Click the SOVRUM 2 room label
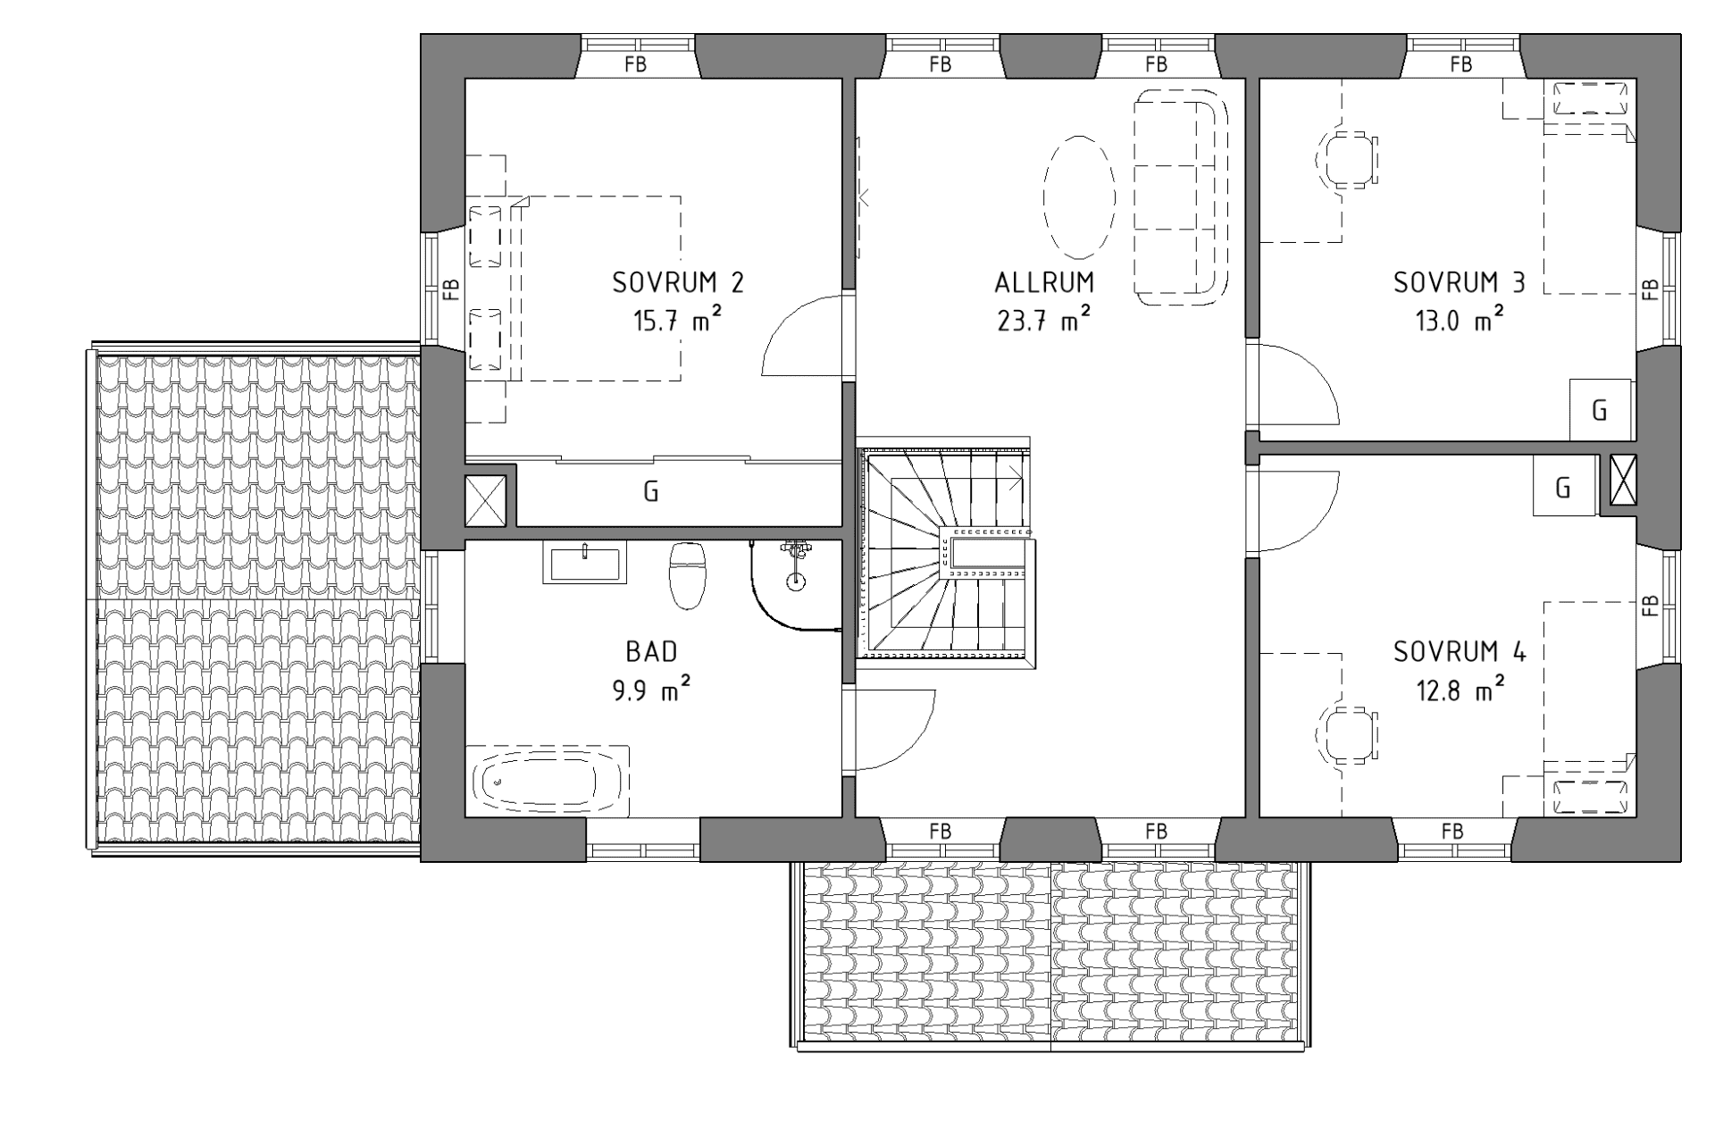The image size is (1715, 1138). pyautogui.click(x=677, y=282)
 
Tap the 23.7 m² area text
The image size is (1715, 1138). pyautogui.click(x=1043, y=320)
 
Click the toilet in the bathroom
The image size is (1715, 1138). pyautogui.click(x=688, y=573)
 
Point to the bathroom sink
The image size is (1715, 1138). pyautogui.click(x=584, y=564)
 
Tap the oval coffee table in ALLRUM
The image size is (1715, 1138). pyautogui.click(x=1079, y=195)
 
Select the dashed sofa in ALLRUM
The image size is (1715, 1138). pyautogui.click(x=1179, y=197)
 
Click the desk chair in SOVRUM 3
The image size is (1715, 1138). pyautogui.click(x=1347, y=161)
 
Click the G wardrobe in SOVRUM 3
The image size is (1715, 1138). pyautogui.click(x=1600, y=410)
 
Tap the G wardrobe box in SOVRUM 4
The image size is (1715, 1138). pyautogui.click(x=1563, y=487)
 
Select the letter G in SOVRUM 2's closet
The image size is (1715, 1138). pyautogui.click(x=650, y=491)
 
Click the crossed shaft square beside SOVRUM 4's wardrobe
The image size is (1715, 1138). pyautogui.click(x=1623, y=480)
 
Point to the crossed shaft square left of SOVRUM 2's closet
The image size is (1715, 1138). pyautogui.click(x=486, y=501)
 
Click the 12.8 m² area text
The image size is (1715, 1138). pyautogui.click(x=1460, y=690)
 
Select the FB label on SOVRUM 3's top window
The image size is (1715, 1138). pyautogui.click(x=1461, y=64)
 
